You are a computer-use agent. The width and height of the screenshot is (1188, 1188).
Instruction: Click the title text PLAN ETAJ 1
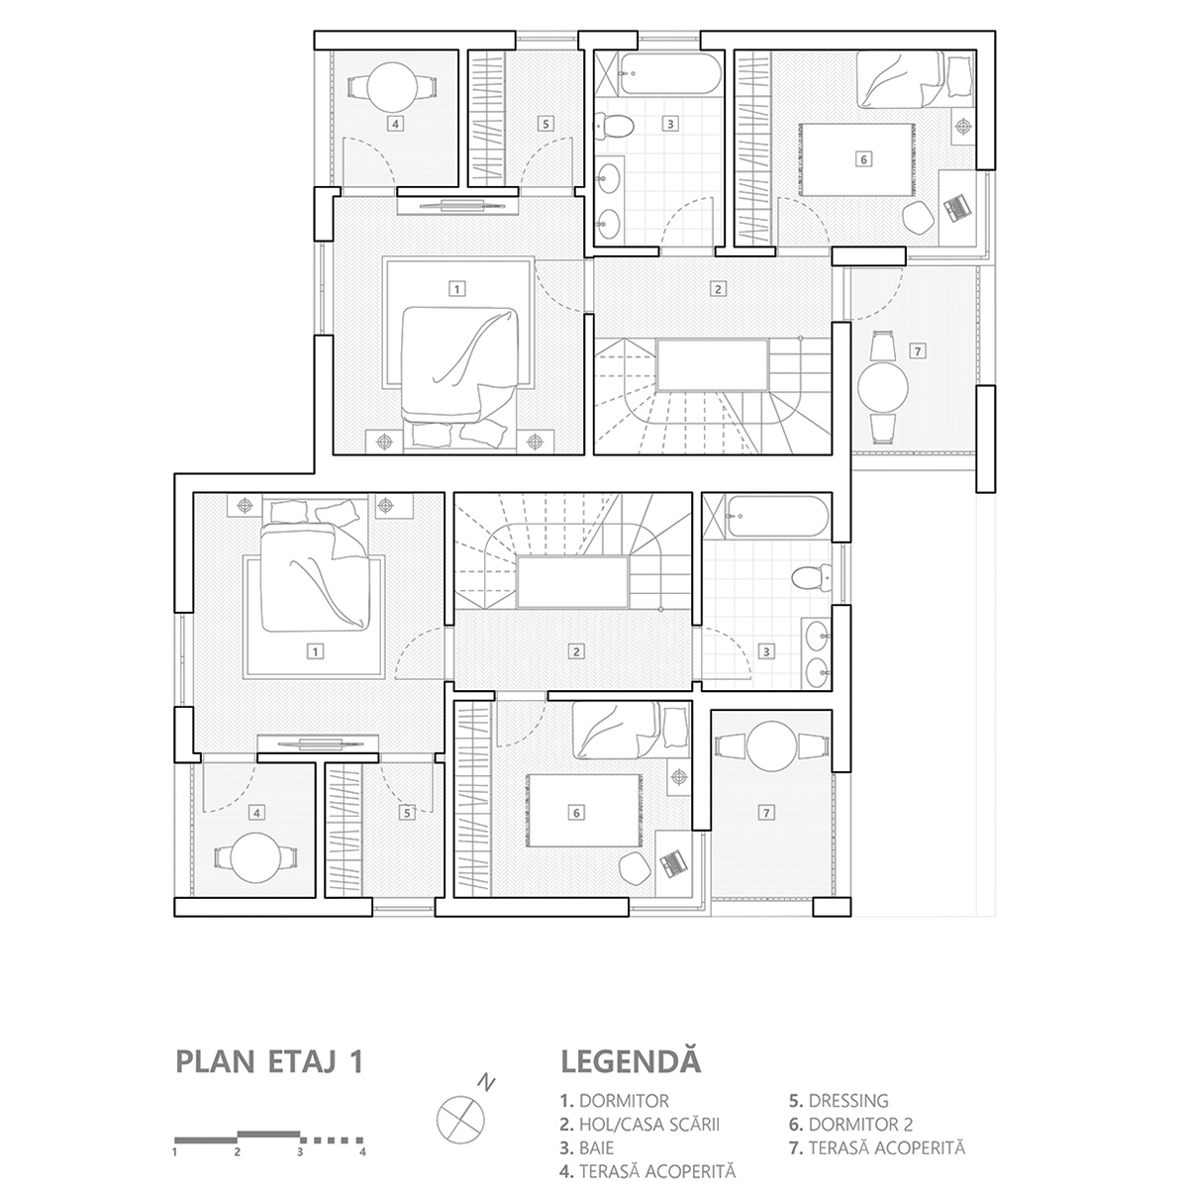(268, 1061)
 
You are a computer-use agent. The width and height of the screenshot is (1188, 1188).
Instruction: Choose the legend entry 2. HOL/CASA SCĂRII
(639, 1124)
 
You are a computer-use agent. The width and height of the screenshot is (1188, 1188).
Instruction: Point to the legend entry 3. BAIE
(587, 1148)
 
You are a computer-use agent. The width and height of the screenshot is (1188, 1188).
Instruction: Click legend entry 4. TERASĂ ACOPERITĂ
(647, 1172)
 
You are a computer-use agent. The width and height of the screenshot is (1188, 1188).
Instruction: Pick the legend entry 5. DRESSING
(839, 1100)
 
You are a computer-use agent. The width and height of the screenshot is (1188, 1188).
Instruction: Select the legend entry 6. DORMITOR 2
(850, 1124)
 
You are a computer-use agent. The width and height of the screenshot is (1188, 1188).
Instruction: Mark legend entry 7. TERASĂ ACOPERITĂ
(877, 1148)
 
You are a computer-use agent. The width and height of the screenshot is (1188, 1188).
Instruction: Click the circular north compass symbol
(460, 1115)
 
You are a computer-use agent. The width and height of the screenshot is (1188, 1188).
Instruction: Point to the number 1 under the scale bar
(175, 1151)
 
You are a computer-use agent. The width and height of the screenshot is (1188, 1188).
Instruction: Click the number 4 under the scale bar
(363, 1151)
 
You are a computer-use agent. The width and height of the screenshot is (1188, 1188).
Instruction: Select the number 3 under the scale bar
(300, 1151)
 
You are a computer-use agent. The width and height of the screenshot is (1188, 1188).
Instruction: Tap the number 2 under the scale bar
(238, 1151)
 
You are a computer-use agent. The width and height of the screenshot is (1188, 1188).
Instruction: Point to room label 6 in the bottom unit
(576, 813)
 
